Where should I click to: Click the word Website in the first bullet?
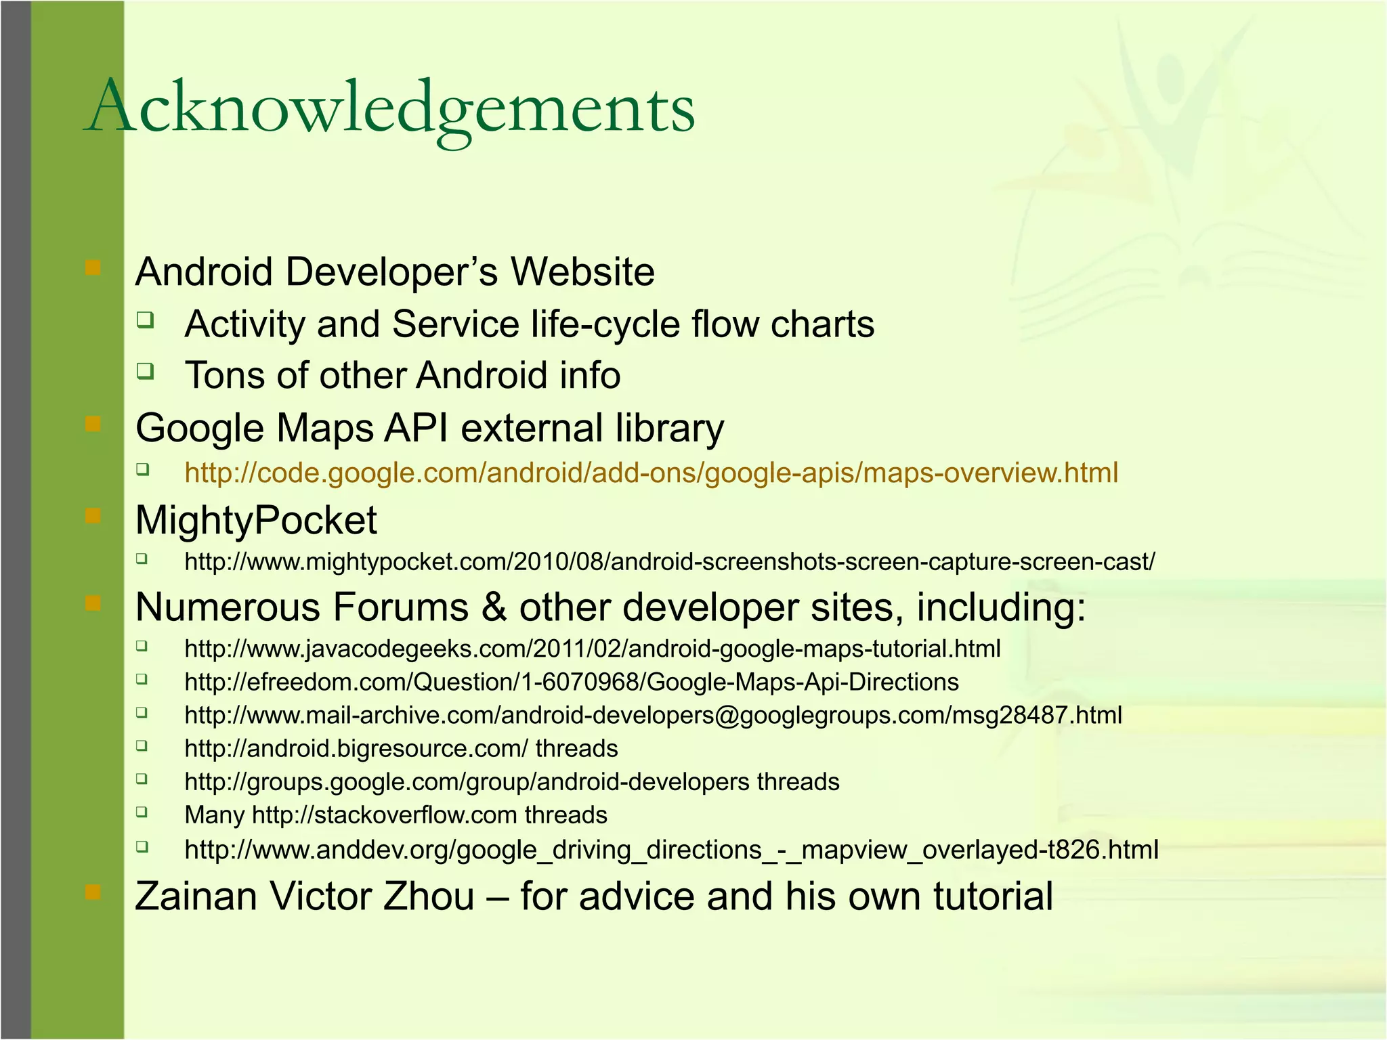click(x=582, y=272)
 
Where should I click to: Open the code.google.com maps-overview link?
click(x=651, y=473)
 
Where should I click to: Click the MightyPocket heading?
click(x=256, y=520)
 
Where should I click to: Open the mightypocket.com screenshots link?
click(x=669, y=561)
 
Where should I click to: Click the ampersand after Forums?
click(x=494, y=607)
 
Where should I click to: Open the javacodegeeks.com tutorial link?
click(x=592, y=649)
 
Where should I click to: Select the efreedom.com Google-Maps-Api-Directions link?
click(x=571, y=682)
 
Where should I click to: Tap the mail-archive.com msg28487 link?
click(x=653, y=715)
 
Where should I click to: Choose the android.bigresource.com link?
click(x=356, y=748)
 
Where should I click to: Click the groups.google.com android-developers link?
click(x=467, y=782)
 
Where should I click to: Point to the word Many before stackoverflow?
click(x=214, y=815)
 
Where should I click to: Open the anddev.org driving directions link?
click(x=671, y=849)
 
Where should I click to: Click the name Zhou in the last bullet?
click(x=429, y=896)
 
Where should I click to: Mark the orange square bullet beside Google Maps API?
click(x=93, y=425)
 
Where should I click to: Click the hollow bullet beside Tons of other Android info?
click(x=144, y=371)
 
